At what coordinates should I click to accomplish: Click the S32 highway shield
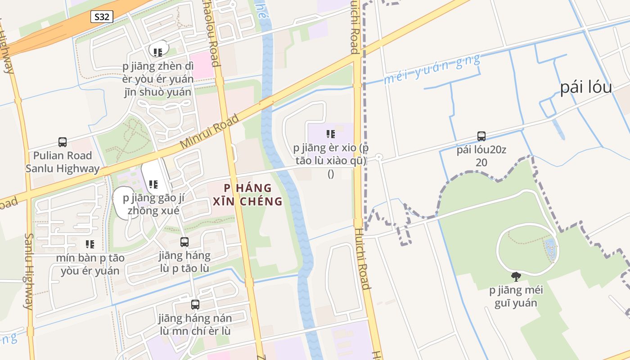pos(102,17)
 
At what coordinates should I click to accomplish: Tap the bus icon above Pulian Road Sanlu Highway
pos(63,142)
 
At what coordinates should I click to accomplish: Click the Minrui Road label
pos(209,132)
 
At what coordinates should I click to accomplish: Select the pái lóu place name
pos(586,87)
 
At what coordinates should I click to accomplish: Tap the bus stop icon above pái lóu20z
pos(481,136)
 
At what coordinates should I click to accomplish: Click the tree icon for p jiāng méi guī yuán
pos(516,277)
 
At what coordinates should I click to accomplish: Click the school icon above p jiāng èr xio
pos(331,134)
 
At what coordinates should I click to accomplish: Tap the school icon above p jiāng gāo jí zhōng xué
pos(153,184)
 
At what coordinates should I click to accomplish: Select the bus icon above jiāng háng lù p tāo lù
pos(184,242)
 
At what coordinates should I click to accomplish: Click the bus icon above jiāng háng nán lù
pos(195,305)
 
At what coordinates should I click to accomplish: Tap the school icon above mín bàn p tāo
pos(90,244)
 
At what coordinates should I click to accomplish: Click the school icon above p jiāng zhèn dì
pos(157,53)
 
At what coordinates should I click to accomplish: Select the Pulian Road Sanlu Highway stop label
pos(63,162)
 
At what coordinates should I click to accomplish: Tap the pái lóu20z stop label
pos(481,156)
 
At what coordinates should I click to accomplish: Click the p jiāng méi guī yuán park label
pos(516,296)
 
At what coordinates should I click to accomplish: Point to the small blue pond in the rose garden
pos(549,250)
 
